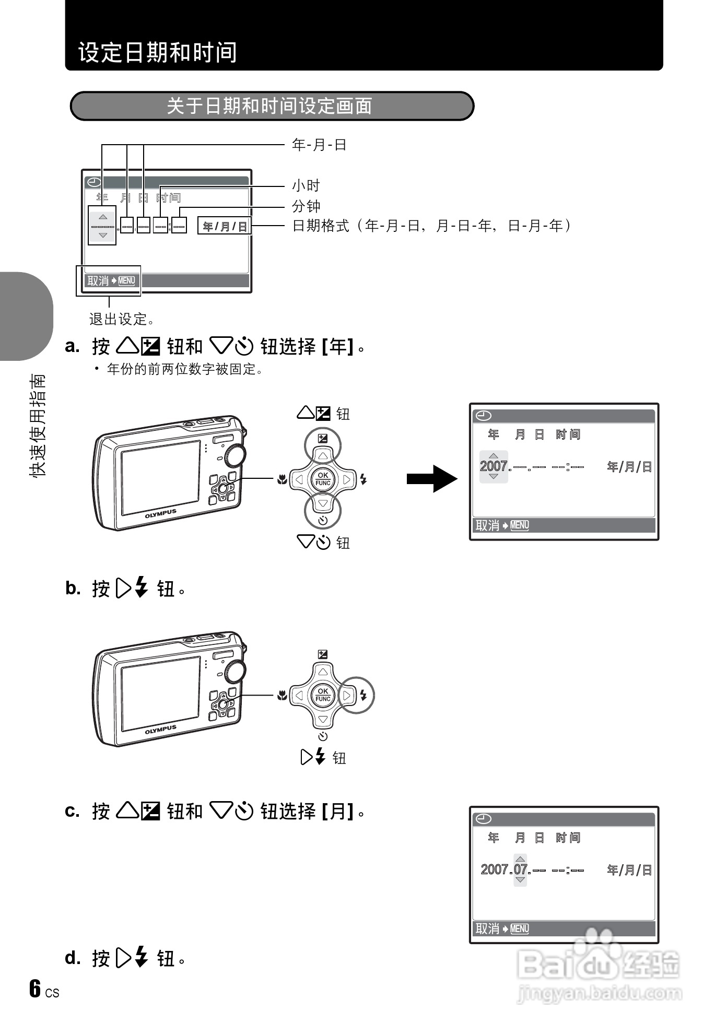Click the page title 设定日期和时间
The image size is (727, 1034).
157,52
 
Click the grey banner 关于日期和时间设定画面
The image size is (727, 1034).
269,106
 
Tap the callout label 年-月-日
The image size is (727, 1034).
319,145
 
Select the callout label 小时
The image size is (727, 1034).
306,185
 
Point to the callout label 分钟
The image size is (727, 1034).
306,206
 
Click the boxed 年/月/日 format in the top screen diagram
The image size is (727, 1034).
225,226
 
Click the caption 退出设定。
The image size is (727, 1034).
121,319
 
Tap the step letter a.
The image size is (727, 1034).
72,346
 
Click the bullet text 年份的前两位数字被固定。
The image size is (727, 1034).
185,369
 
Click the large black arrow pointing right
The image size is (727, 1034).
432,478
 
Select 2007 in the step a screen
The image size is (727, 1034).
494,466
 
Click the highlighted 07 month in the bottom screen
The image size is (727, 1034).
520,869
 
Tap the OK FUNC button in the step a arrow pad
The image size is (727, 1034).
323,479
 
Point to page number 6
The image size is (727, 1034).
35,989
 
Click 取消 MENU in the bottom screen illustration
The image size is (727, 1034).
502,929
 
